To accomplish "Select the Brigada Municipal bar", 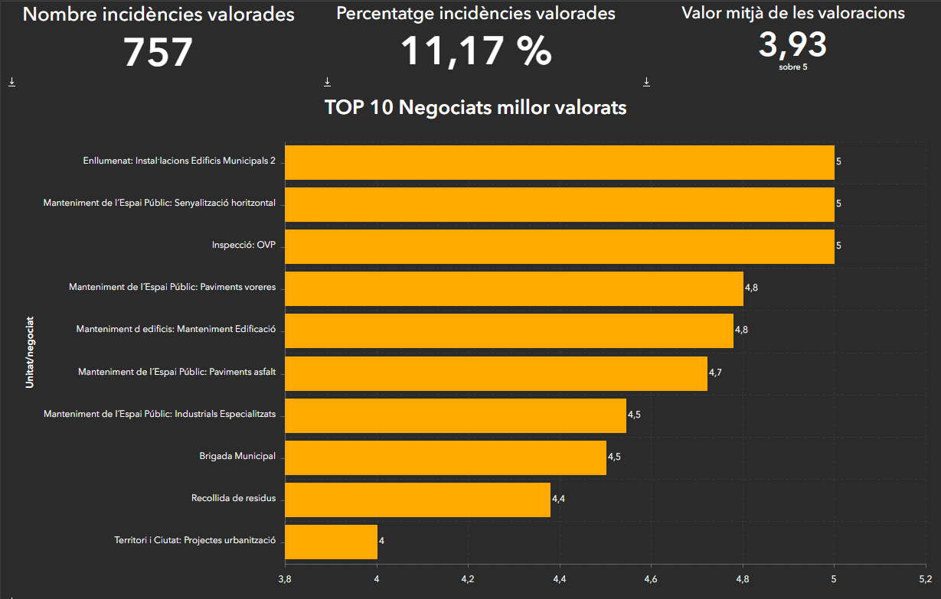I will tap(445, 457).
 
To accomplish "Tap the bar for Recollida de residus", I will tap(417, 500).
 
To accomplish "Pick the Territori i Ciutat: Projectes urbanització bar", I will tap(331, 542).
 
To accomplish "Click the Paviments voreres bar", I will tap(514, 288).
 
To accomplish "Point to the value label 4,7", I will tap(715, 373).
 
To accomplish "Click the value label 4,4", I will tap(558, 499).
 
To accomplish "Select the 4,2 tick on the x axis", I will tap(469, 578).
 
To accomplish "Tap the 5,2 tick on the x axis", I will tap(925, 578).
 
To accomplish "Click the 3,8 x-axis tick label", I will tap(285, 578).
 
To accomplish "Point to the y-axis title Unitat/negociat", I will tap(30, 353).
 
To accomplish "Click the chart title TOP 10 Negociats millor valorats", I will tap(475, 108).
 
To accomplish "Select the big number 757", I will tap(158, 53).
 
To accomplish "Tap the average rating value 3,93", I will tap(792, 44).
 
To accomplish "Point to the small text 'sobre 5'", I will tap(792, 67).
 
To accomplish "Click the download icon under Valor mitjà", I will tap(646, 82).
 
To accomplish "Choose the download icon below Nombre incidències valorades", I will tap(11, 82).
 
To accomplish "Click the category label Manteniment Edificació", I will tap(175, 330).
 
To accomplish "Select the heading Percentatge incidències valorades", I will tap(475, 14).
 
